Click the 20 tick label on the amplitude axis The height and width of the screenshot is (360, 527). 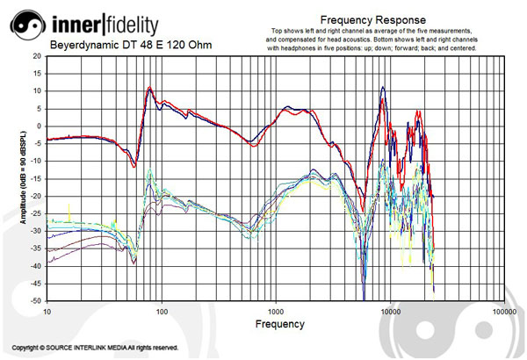click(37, 54)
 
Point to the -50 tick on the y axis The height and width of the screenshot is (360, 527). click(36, 300)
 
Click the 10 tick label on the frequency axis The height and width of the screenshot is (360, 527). click(47, 312)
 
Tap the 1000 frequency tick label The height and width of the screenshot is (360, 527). click(276, 312)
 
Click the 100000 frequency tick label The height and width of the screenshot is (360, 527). click(503, 312)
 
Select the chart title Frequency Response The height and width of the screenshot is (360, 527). click(373, 19)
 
